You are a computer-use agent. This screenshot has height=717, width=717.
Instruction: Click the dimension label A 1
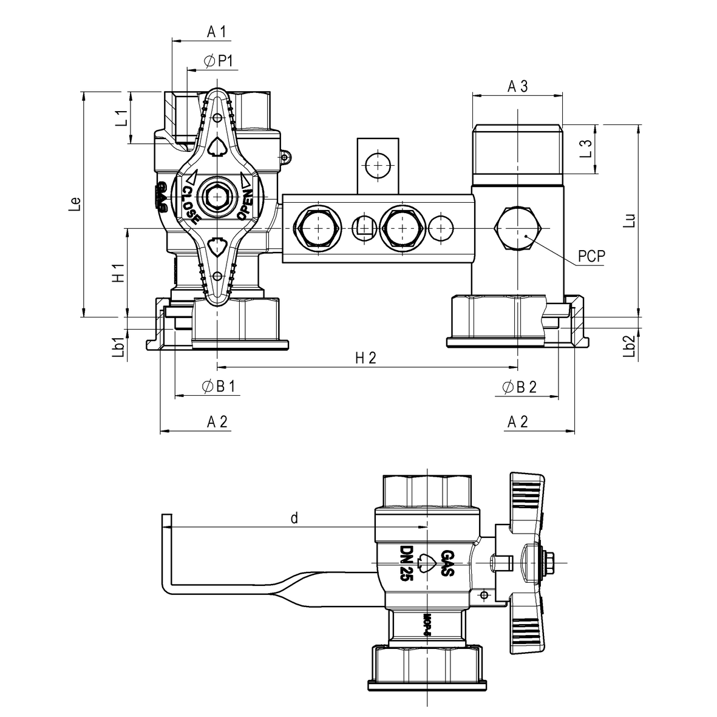(216, 32)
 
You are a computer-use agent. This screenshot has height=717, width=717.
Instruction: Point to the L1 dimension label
(121, 118)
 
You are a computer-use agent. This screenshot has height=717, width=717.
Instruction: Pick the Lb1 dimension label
(120, 347)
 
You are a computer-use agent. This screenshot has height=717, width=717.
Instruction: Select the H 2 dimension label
(366, 358)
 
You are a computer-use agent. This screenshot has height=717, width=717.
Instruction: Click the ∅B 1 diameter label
(217, 387)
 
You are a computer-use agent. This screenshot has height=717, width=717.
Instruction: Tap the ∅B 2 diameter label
(520, 387)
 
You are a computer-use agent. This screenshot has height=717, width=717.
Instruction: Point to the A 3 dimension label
(517, 86)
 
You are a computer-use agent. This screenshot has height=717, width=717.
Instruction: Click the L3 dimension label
(585, 149)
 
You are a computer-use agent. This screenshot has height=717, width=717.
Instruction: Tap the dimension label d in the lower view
(294, 518)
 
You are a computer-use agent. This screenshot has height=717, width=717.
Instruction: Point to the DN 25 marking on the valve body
(406, 563)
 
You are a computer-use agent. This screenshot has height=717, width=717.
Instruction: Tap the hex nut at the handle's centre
(217, 198)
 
